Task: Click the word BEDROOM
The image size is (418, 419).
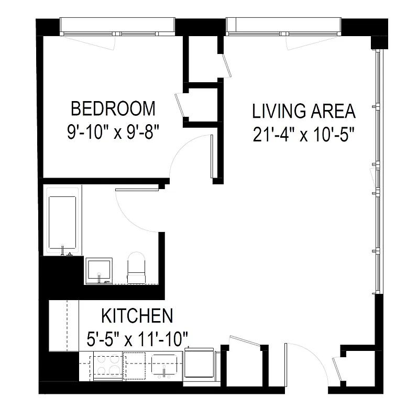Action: (x=113, y=108)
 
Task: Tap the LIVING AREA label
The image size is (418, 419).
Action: (x=304, y=111)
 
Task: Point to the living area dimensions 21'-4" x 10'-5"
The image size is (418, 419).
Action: (x=304, y=135)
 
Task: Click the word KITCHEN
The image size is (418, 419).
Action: (x=137, y=316)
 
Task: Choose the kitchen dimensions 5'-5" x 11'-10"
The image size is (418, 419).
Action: (x=137, y=339)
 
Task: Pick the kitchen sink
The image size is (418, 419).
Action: (x=165, y=365)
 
